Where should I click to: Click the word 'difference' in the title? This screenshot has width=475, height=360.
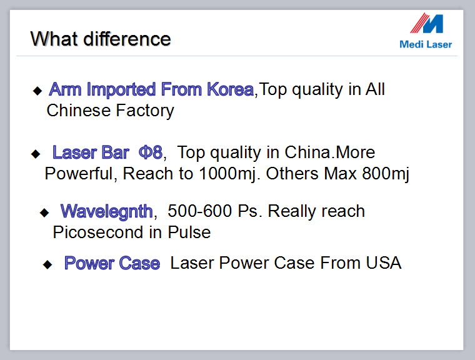[x=127, y=39]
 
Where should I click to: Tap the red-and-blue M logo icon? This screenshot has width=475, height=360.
[x=427, y=23]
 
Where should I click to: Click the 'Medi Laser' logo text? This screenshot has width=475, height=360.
[x=426, y=44]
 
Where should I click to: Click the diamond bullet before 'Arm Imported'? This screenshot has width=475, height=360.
[x=37, y=90]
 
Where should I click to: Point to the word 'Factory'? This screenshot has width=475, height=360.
[x=145, y=111]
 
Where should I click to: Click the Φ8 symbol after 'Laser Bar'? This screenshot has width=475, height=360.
[x=151, y=152]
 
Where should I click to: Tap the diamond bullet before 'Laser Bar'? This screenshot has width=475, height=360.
[x=36, y=154]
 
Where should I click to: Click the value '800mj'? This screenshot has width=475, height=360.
[x=386, y=174]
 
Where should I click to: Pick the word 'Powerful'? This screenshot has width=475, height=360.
[x=79, y=174]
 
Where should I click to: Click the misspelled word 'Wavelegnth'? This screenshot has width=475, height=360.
[x=107, y=211]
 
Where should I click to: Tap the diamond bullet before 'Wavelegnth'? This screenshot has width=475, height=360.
[x=44, y=212]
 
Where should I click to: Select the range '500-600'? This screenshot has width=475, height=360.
[x=200, y=211]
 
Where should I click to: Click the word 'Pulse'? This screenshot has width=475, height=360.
[x=189, y=232]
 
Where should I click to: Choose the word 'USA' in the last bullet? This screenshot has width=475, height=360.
[x=384, y=262]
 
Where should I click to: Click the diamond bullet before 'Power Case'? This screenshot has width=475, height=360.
[x=47, y=264]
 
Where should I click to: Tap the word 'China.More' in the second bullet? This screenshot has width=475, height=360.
[x=330, y=152]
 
